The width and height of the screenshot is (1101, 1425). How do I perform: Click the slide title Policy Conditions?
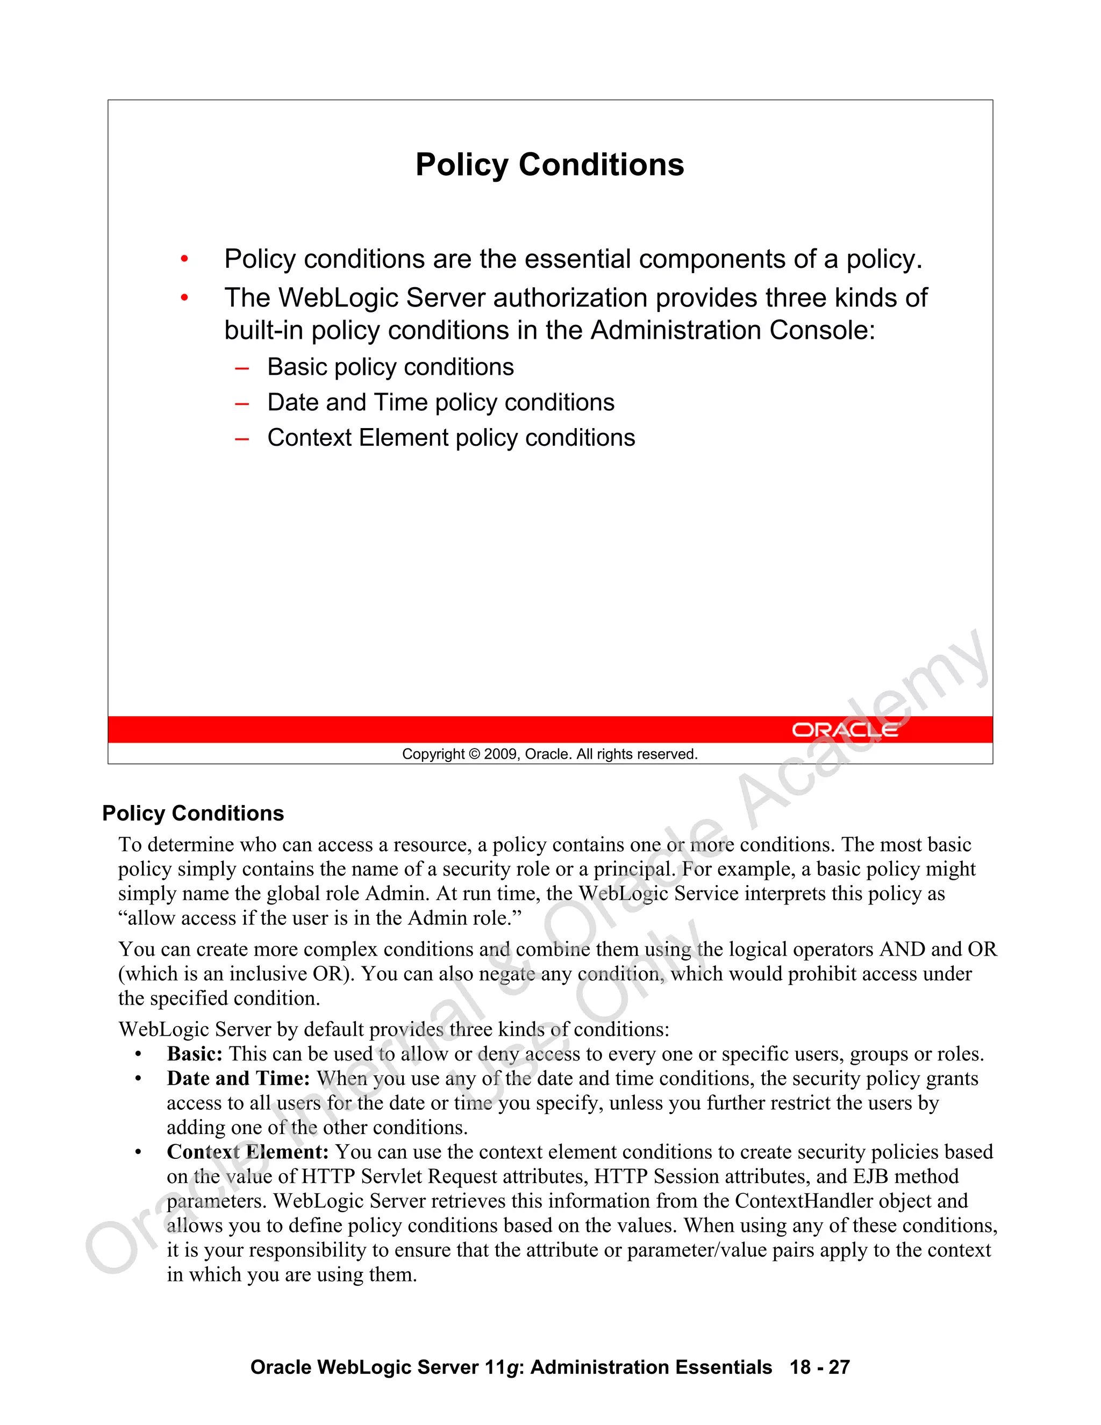(x=549, y=165)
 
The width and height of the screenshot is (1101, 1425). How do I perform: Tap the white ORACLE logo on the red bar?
(x=844, y=730)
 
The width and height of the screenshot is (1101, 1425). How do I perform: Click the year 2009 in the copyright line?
(x=501, y=754)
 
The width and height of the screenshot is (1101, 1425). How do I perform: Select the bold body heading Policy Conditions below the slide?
(x=193, y=814)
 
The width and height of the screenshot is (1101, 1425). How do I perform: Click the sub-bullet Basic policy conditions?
(x=390, y=367)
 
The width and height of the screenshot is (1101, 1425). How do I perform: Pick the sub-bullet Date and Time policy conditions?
(x=440, y=403)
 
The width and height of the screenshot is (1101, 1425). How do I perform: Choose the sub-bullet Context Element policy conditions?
(x=451, y=438)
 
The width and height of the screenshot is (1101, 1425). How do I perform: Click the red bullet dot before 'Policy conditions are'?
(x=184, y=260)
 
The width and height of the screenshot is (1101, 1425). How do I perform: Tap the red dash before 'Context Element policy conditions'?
(x=242, y=438)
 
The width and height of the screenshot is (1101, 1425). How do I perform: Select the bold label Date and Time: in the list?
(x=238, y=1079)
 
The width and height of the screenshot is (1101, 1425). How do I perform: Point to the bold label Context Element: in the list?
(x=247, y=1152)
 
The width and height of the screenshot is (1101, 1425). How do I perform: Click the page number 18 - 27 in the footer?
(x=819, y=1367)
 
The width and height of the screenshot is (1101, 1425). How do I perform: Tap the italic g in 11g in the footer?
(x=512, y=1367)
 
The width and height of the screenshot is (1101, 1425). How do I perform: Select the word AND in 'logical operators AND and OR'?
(x=903, y=949)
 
